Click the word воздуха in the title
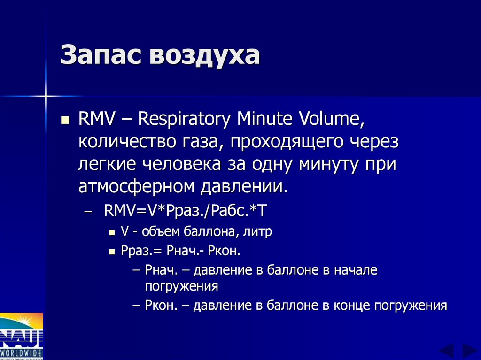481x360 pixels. point(204,56)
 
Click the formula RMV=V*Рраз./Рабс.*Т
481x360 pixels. point(186,210)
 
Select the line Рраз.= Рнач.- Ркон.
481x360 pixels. point(180,251)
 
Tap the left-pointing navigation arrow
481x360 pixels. point(446,351)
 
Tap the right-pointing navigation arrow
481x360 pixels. point(469,351)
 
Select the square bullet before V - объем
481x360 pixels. point(112,232)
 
